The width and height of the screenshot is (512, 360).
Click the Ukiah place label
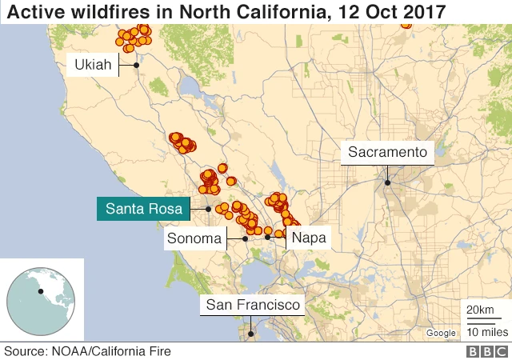point(92,65)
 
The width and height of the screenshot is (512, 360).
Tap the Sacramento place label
point(388,152)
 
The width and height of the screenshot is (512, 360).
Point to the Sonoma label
point(193,238)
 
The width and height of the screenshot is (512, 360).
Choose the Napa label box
point(308,238)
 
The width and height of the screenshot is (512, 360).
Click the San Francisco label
point(253,305)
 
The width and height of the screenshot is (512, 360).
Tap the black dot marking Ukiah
point(137,65)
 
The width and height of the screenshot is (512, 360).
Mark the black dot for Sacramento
point(387,182)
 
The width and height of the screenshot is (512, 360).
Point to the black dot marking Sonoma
point(245,238)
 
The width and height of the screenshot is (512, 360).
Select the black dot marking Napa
point(267,237)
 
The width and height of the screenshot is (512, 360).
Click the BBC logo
point(484,351)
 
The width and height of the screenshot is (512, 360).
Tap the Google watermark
point(441,333)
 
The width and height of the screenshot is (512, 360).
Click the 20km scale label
point(480,310)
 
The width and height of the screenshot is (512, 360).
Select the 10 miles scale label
point(485,331)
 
